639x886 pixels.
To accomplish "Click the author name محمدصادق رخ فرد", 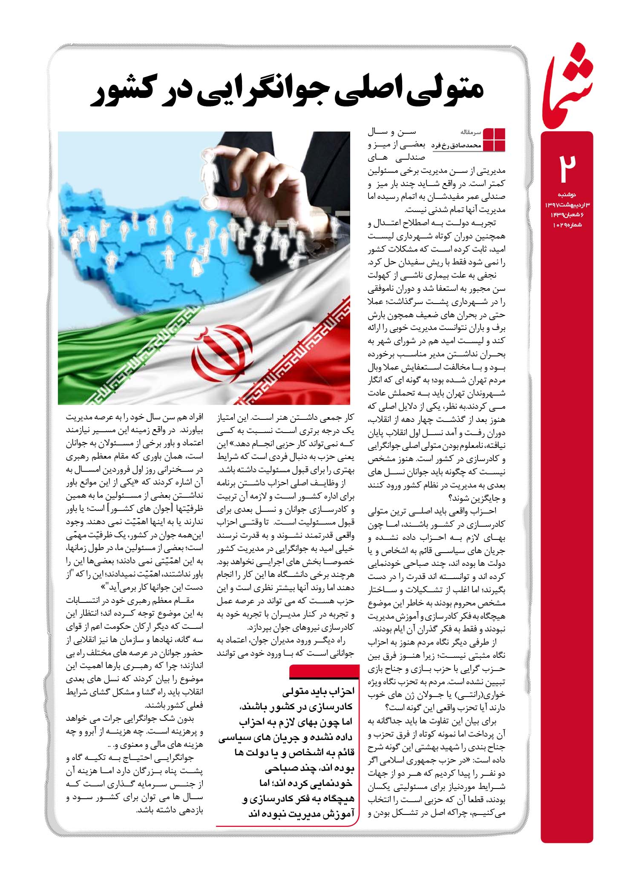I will (456, 145).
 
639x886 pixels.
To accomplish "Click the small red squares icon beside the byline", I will (494, 139).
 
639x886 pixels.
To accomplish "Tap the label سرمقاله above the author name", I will (470, 132).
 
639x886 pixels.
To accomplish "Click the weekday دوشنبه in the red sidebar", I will (566, 195).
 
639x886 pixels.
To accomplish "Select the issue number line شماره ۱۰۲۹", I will (567, 224).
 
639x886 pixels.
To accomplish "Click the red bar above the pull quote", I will (323, 671).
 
